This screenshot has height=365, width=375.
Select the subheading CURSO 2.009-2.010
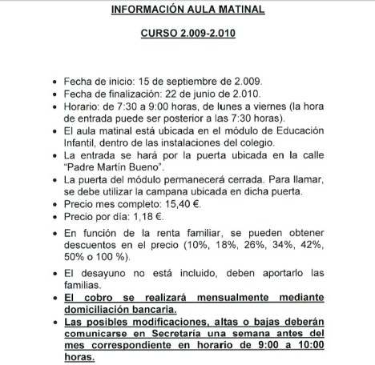point(187,38)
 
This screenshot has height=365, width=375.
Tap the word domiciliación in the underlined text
point(103,309)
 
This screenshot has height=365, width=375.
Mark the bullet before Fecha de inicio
point(54,82)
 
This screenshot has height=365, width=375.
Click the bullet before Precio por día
point(54,217)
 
